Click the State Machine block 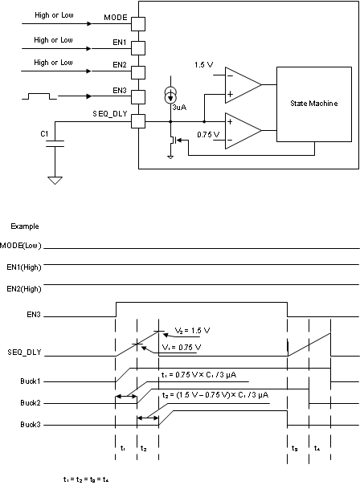click(313, 104)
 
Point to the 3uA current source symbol click(170, 94)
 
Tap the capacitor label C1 click(45, 132)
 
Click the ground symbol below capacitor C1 click(55, 180)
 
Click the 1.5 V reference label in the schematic click(203, 64)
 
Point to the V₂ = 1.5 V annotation click(192, 330)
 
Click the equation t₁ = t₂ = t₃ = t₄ click(86, 479)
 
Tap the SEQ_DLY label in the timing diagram click(23, 352)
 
